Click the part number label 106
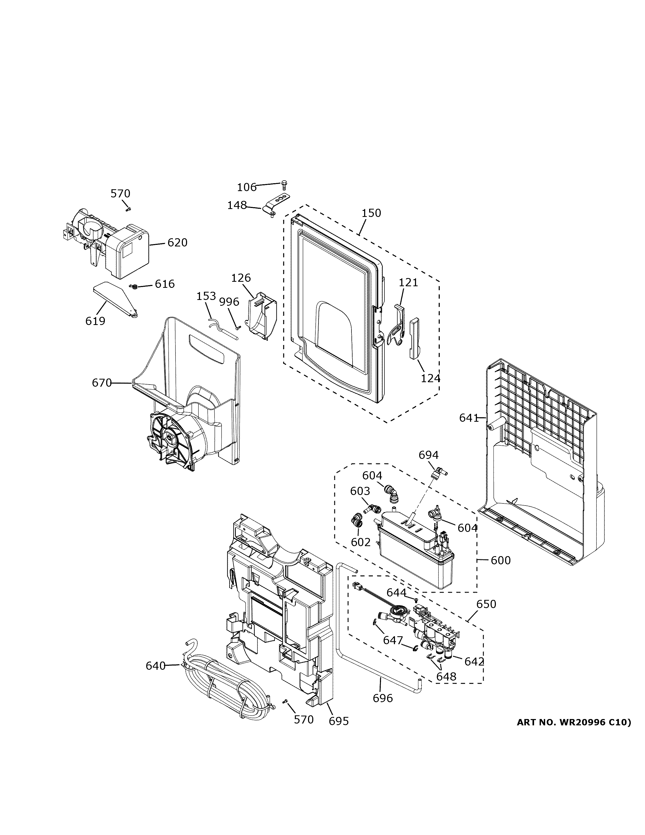tap(246, 187)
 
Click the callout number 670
tap(102, 382)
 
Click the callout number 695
tap(339, 721)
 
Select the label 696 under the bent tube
tap(383, 698)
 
